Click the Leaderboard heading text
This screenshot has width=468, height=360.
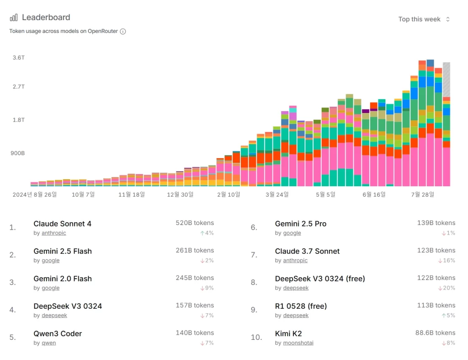pyautogui.click(x=46, y=17)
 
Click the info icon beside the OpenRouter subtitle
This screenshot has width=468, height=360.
pyautogui.click(x=123, y=32)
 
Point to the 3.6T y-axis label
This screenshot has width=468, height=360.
pyautogui.click(x=19, y=58)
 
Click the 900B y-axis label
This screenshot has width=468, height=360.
pyautogui.click(x=18, y=153)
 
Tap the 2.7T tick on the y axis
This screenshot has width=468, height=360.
pyautogui.click(x=19, y=87)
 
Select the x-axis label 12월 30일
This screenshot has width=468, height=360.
pyautogui.click(x=181, y=194)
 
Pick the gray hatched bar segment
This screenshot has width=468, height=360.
pyautogui.click(x=447, y=79)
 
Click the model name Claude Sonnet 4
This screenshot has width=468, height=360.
pyautogui.click(x=62, y=224)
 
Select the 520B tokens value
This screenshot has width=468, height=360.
pyautogui.click(x=195, y=223)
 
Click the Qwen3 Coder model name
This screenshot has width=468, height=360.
pyautogui.click(x=58, y=333)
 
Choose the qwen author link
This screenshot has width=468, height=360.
pyautogui.click(x=49, y=343)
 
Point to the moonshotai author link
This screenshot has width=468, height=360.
pyautogui.click(x=298, y=343)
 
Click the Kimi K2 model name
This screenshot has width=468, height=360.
pyautogui.click(x=288, y=333)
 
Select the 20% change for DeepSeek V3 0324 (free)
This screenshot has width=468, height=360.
pyautogui.click(x=449, y=288)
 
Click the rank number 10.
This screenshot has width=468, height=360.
pyautogui.click(x=256, y=338)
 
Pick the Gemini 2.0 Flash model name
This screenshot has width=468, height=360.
pyautogui.click(x=63, y=279)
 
